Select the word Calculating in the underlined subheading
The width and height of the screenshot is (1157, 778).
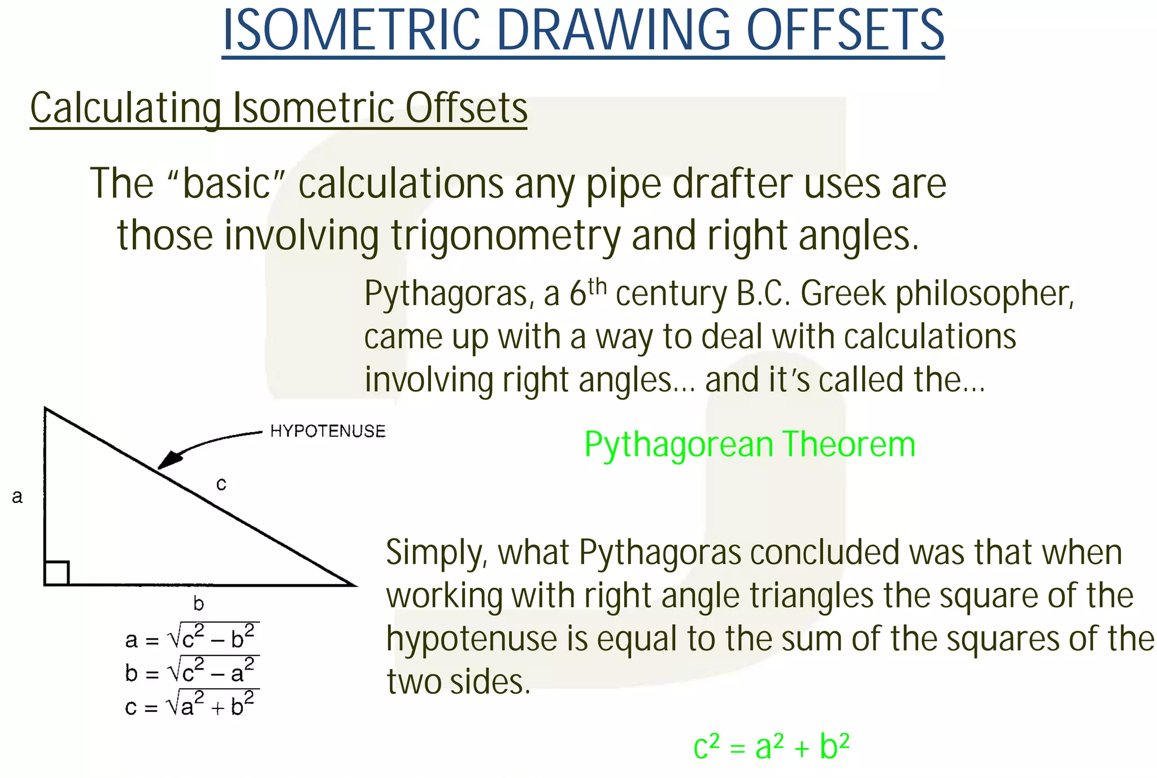(125, 108)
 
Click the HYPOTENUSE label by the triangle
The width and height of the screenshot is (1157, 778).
(328, 432)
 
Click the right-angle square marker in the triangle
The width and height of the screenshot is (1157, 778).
(56, 573)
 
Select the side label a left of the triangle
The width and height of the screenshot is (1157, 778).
(18, 497)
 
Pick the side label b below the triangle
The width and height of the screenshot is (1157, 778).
(198, 604)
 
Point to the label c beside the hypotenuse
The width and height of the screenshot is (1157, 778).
(221, 484)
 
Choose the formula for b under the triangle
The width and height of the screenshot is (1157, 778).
(192, 671)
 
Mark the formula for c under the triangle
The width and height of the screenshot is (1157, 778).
(192, 705)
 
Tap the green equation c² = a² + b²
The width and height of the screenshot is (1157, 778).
(771, 747)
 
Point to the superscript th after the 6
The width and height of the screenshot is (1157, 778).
(597, 286)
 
